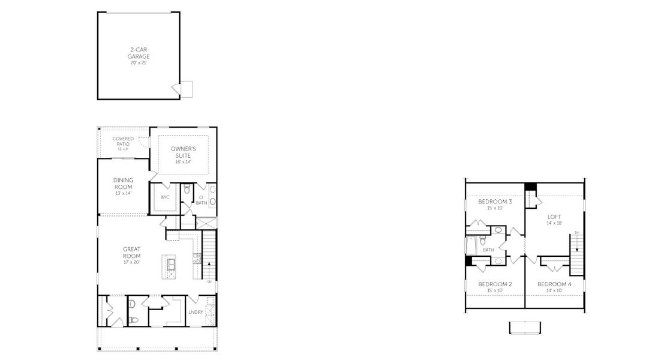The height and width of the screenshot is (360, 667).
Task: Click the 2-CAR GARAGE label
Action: coord(138,53)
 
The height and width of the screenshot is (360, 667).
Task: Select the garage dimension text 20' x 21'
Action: coord(138,62)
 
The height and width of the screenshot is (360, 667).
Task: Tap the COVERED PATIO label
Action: coord(123,141)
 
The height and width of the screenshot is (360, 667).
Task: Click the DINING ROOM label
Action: coord(123,182)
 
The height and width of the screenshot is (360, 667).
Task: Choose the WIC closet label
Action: coord(165,197)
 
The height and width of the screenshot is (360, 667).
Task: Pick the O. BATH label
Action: coord(201,200)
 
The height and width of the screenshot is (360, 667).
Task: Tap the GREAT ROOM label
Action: coord(131,253)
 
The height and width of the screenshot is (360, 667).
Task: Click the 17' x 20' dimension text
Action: coord(131,262)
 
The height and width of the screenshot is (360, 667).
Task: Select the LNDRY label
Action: coord(196,312)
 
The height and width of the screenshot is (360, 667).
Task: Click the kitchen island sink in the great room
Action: coord(170,264)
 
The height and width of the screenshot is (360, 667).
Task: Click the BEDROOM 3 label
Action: coord(495,202)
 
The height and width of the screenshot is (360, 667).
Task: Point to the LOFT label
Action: coord(554,217)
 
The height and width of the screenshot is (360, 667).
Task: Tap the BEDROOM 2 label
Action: coord(495,284)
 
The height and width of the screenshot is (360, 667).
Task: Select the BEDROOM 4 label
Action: coord(554,284)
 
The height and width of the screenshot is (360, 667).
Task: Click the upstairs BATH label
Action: coord(489,250)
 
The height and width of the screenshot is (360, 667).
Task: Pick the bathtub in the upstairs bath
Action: coord(471,246)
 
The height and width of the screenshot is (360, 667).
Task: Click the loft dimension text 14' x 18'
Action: coord(554,223)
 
